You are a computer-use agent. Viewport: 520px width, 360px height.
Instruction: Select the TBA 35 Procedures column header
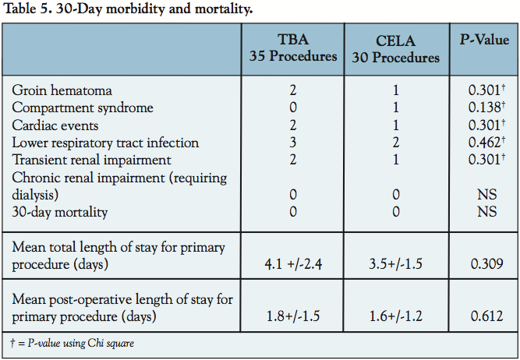tap(292, 48)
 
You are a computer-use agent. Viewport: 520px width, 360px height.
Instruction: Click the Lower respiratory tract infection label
tap(106, 143)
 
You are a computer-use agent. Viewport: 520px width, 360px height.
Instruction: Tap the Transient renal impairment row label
tap(92, 161)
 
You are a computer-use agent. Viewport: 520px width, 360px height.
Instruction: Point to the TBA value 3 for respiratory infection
tap(292, 143)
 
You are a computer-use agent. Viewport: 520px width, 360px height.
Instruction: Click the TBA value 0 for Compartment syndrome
tap(292, 108)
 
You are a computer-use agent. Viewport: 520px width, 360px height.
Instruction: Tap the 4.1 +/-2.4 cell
tap(292, 266)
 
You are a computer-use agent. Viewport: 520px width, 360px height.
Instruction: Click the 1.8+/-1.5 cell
tap(292, 318)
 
